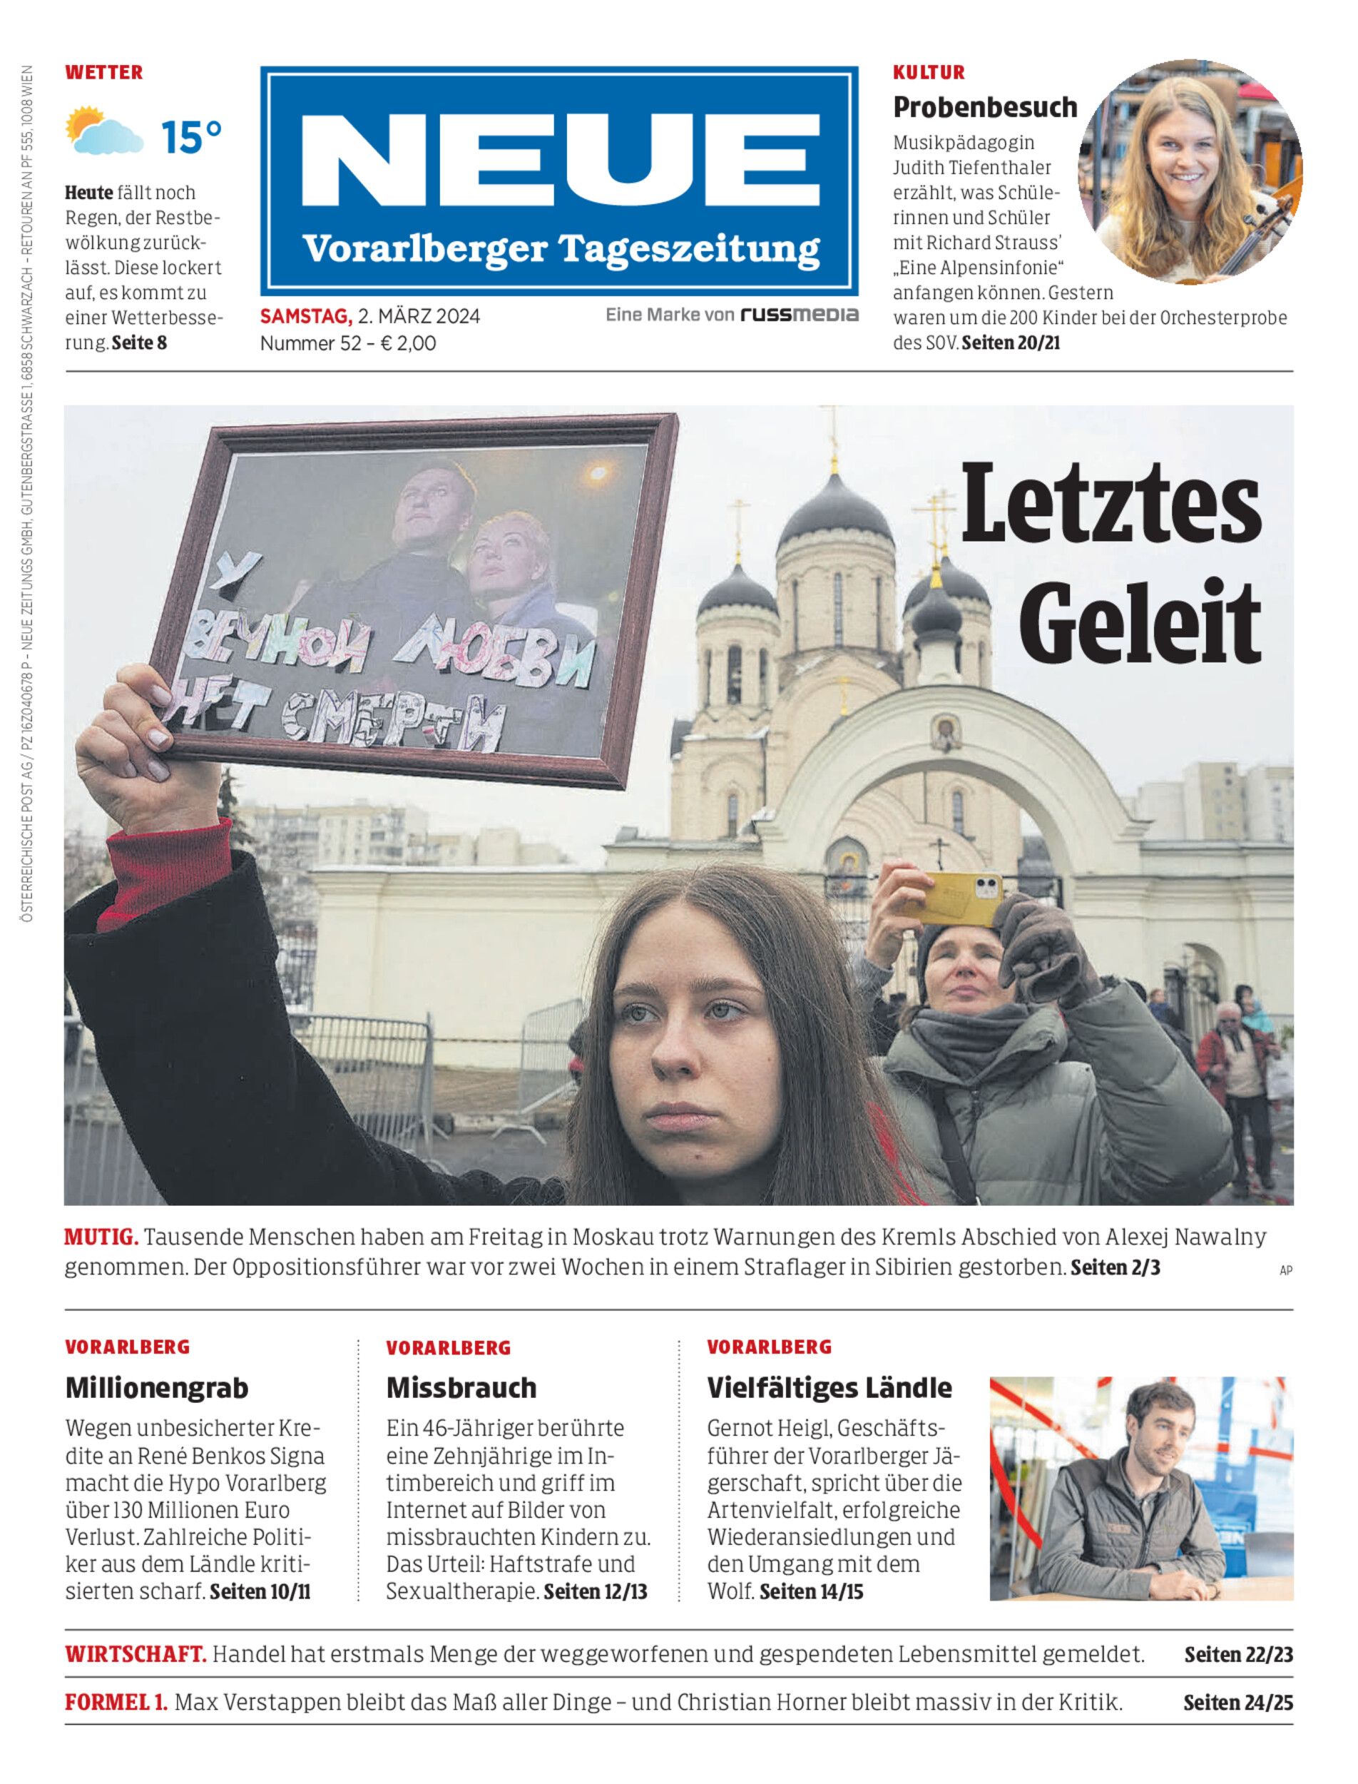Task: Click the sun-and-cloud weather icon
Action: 103,131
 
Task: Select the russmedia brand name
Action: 799,315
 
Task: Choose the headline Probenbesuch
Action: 984,107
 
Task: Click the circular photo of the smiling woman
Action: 1190,172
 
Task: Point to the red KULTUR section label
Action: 929,73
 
